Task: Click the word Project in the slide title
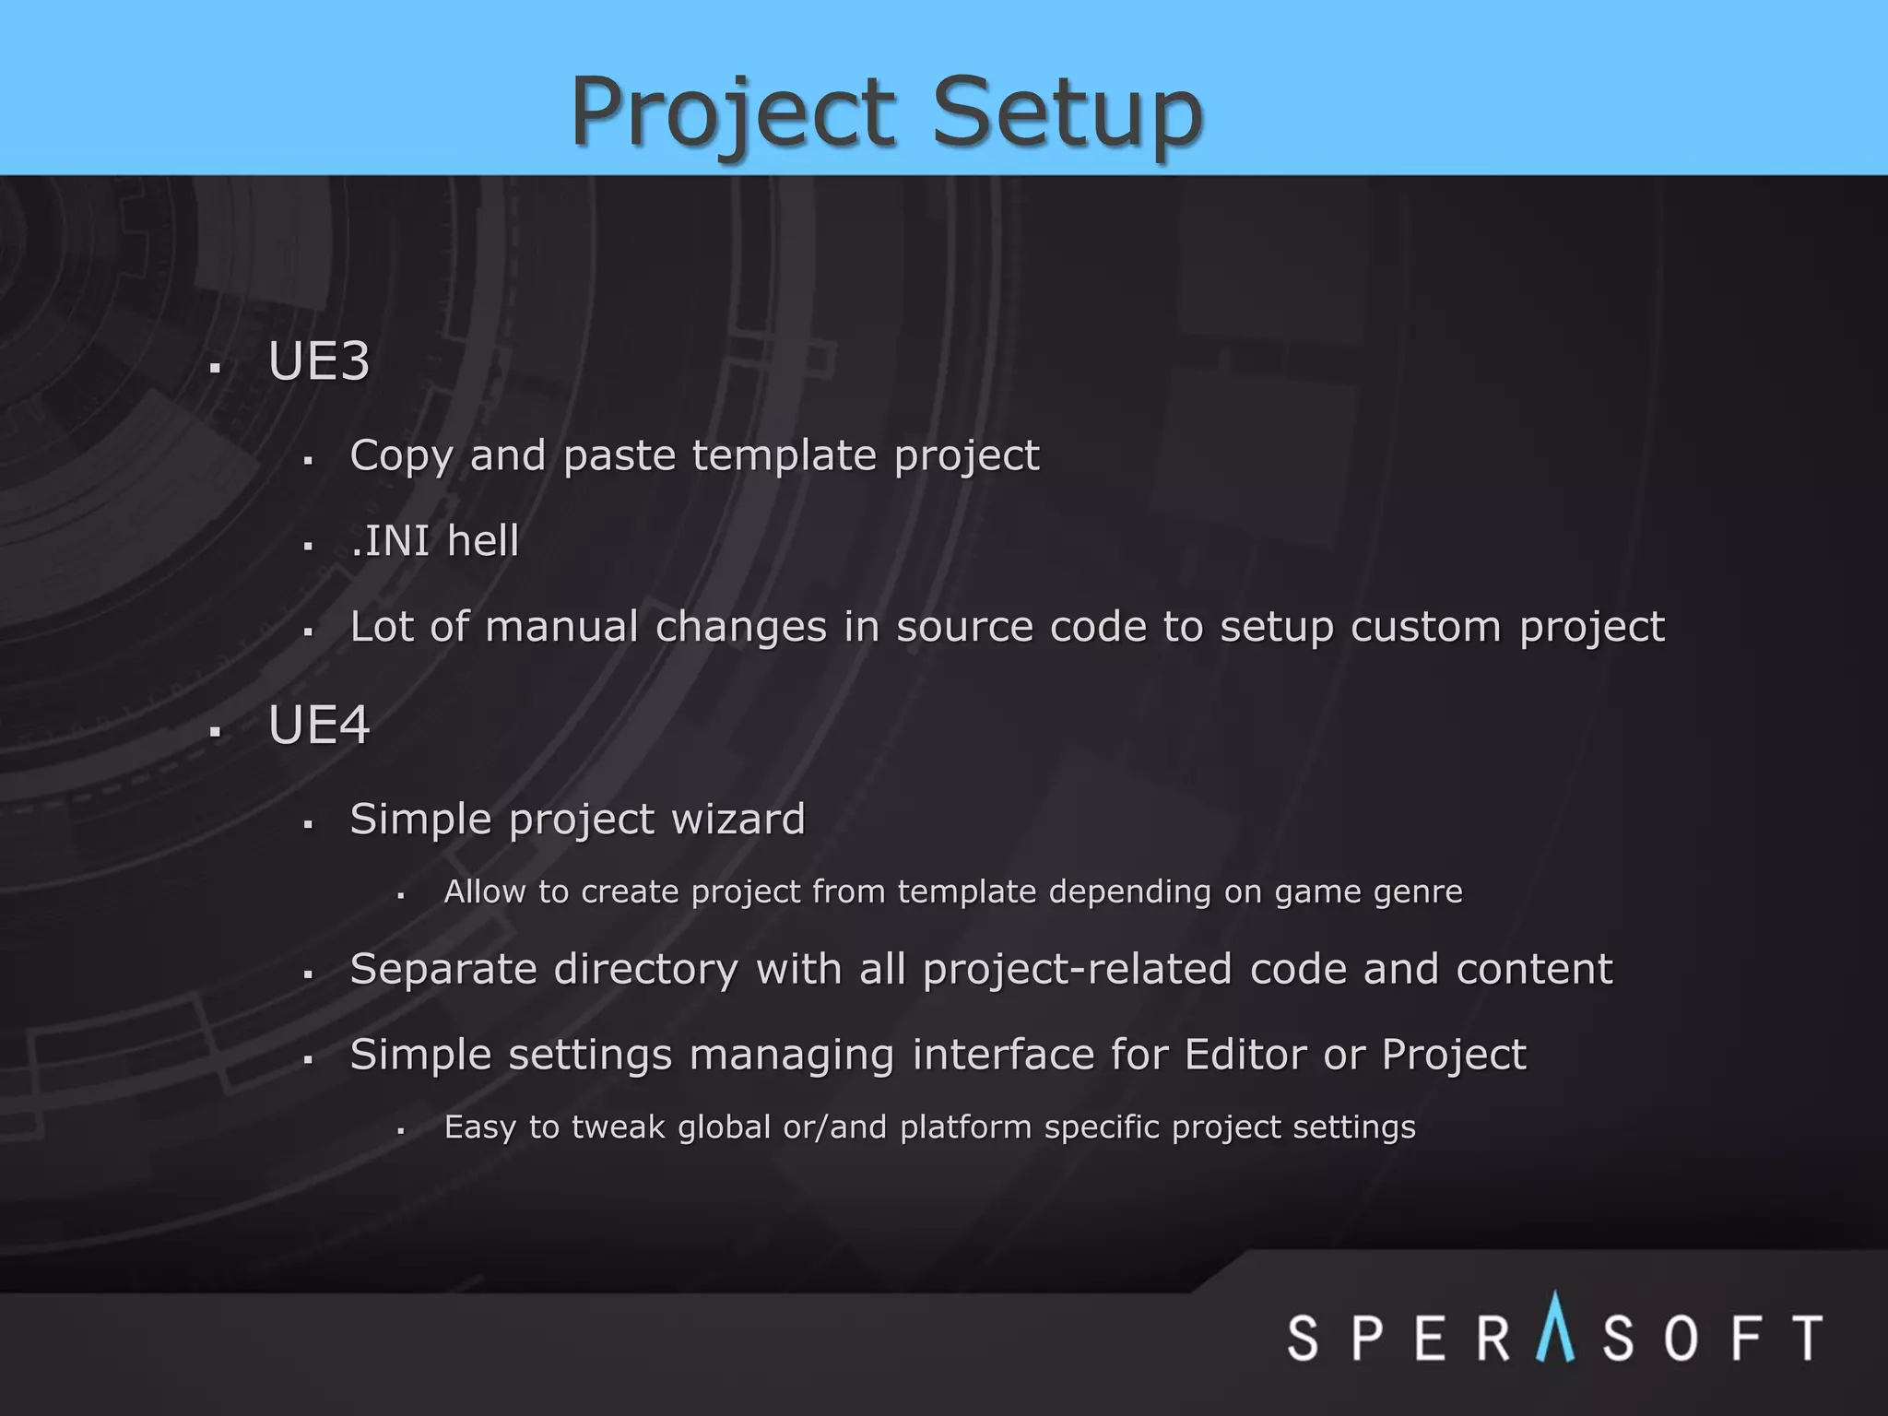[733, 112]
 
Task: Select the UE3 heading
[319, 360]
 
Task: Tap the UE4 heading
[319, 725]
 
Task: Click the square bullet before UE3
[215, 369]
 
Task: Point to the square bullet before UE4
[215, 733]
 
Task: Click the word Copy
[401, 456]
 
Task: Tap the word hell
[483, 541]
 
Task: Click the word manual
[561, 627]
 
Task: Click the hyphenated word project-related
[1077, 970]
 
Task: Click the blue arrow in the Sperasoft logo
[1555, 1327]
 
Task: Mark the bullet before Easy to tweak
[401, 1131]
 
